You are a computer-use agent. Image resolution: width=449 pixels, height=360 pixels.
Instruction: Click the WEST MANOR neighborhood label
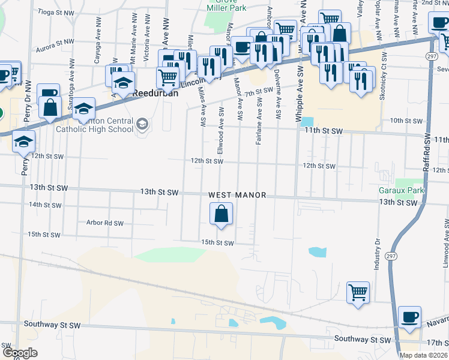(236, 196)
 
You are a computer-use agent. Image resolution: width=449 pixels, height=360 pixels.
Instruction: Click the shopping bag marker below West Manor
(221, 214)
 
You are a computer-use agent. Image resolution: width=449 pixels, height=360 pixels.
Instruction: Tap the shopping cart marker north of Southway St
(358, 293)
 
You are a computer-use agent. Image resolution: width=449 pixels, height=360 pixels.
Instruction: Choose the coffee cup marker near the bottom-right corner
(410, 317)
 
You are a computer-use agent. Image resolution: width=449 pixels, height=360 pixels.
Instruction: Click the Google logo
(19, 353)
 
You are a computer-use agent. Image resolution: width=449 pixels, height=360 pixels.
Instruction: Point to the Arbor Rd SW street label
(105, 223)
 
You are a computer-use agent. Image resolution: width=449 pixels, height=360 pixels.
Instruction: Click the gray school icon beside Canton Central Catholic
(142, 125)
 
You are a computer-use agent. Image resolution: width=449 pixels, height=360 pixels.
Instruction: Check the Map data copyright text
(423, 355)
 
